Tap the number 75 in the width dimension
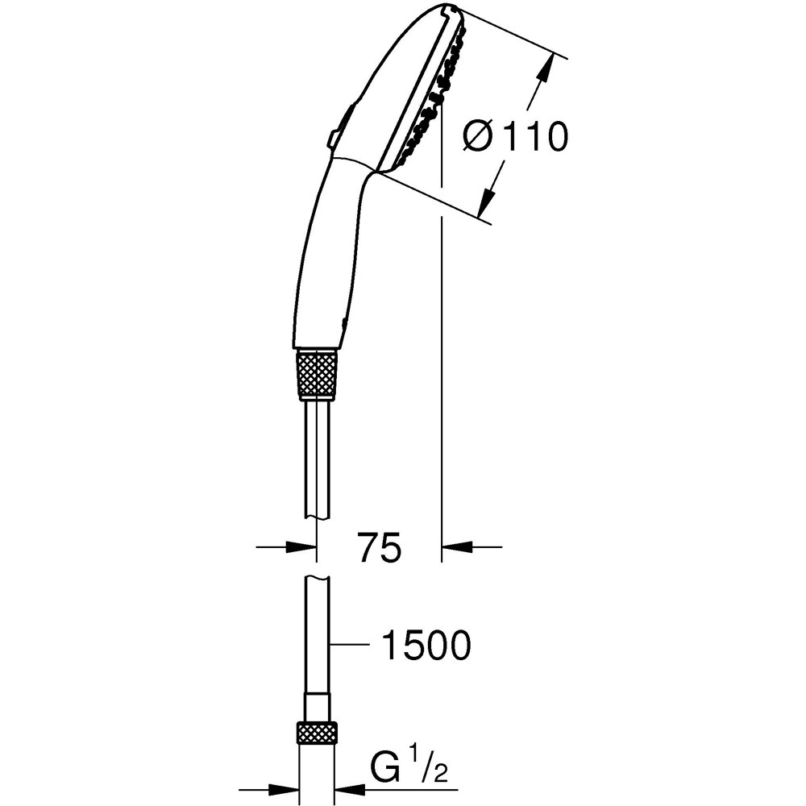[x=379, y=548]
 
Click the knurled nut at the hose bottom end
[x=317, y=733]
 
